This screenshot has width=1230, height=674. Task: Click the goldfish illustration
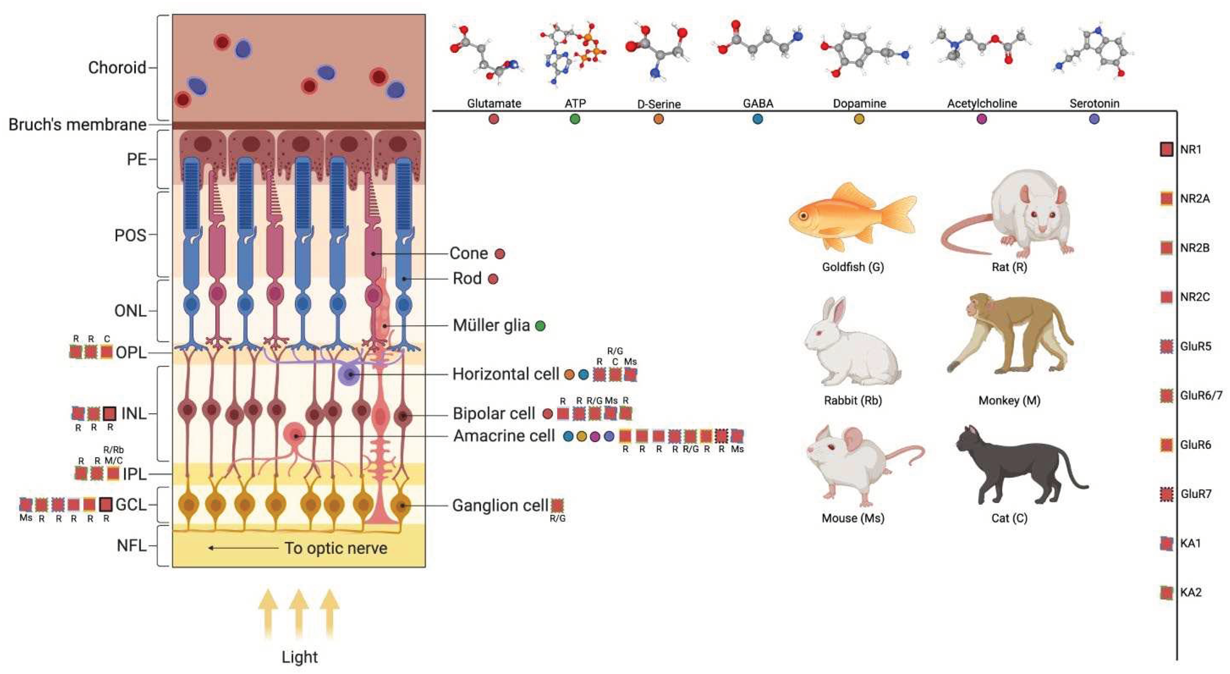(x=852, y=217)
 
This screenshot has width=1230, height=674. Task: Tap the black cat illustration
(x=1017, y=465)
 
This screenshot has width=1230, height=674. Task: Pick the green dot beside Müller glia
(x=540, y=326)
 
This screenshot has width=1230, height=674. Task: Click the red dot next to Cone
(x=500, y=254)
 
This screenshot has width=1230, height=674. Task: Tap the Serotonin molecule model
(x=1093, y=52)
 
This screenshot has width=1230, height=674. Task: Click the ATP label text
(x=575, y=103)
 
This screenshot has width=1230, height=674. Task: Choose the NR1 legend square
(x=1167, y=149)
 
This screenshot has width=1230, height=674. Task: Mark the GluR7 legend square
(x=1167, y=494)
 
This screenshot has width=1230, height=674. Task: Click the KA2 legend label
(x=1191, y=592)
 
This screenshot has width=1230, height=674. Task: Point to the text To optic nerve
(x=336, y=548)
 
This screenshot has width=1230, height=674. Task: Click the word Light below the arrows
(x=299, y=657)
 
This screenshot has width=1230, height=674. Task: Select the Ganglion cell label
(x=500, y=505)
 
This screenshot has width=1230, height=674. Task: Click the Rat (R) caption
(x=1009, y=267)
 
